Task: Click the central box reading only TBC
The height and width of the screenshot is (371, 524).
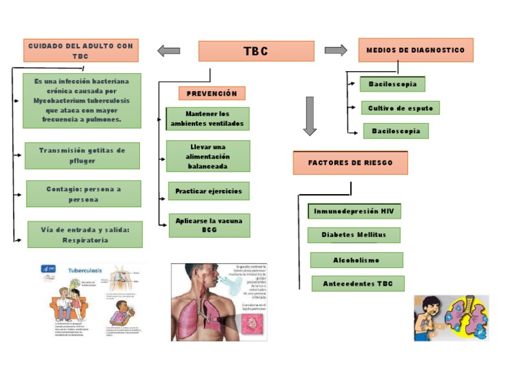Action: click(256, 51)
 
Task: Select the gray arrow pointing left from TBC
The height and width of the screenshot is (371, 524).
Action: click(169, 51)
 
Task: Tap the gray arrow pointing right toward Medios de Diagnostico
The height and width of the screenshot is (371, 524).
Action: click(336, 50)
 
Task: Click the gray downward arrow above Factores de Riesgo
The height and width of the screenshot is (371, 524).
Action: click(310, 115)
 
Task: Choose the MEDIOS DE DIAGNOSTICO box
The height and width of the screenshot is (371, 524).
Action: click(416, 50)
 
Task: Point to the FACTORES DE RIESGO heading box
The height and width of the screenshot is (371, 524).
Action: click(350, 163)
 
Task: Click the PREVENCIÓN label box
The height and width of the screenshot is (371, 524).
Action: click(212, 94)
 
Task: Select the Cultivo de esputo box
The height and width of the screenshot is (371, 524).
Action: click(401, 108)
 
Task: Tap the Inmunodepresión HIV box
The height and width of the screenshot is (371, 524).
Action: click(354, 212)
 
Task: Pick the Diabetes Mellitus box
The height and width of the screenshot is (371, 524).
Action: click(353, 235)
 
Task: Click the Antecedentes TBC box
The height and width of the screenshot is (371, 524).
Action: click(358, 284)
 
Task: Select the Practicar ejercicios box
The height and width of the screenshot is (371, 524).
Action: click(208, 191)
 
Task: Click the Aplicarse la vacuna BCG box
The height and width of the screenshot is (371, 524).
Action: click(209, 225)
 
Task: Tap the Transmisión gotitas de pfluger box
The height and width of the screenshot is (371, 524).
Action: click(82, 156)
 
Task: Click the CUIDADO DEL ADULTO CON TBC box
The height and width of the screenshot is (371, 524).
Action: click(81, 51)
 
